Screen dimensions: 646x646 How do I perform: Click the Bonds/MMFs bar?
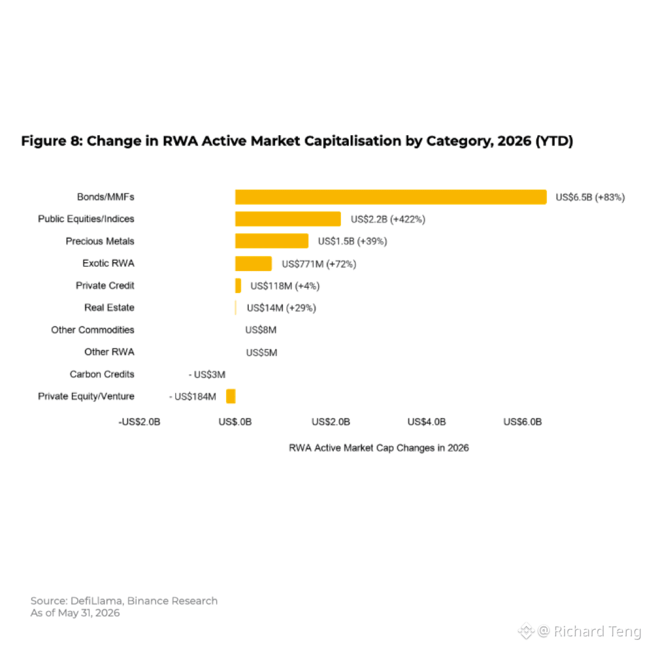[391, 197]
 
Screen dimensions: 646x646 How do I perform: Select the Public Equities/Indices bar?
[288, 219]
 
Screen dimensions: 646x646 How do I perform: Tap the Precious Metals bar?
[272, 241]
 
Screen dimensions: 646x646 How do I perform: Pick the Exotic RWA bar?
[254, 263]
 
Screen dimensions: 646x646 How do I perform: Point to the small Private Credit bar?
[238, 285]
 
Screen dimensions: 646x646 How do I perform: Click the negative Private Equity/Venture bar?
[231, 397]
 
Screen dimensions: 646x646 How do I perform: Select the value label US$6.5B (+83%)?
[590, 197]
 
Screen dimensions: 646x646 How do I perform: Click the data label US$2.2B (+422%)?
[388, 219]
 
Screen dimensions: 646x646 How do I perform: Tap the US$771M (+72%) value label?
[319, 264]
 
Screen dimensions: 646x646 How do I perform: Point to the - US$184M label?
[193, 397]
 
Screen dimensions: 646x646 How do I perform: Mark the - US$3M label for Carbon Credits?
[207, 374]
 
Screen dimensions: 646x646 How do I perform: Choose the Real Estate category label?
[109, 308]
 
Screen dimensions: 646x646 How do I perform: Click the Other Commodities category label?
[93, 330]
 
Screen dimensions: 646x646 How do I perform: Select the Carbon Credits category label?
[102, 374]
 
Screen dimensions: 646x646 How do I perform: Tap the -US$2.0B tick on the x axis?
[139, 422]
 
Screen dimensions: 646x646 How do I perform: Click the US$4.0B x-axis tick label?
[426, 422]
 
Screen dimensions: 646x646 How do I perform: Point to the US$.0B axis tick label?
[235, 422]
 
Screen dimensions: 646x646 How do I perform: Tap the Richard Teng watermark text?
[597, 631]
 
